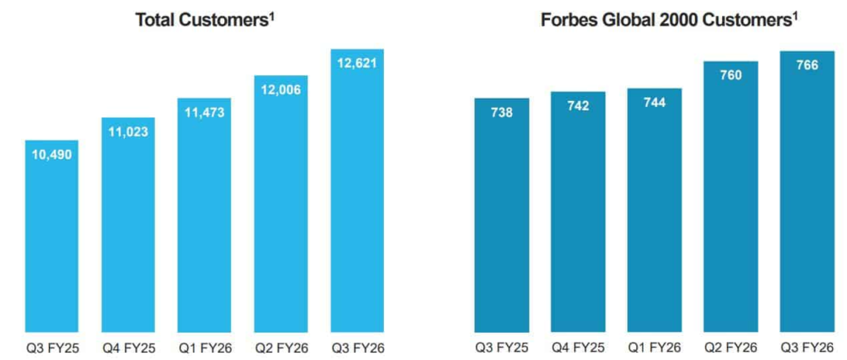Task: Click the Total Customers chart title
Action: click(x=203, y=21)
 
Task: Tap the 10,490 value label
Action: click(x=53, y=154)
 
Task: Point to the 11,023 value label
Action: click(x=129, y=131)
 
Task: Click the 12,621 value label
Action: click(x=357, y=62)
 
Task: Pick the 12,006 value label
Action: click(x=281, y=89)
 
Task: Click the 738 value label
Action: click(x=501, y=112)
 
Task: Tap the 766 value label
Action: click(x=806, y=65)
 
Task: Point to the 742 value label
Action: click(x=578, y=105)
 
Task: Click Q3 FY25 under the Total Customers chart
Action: click(x=53, y=347)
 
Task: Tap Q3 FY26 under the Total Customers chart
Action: click(x=357, y=347)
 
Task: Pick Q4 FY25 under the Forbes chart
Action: click(x=578, y=347)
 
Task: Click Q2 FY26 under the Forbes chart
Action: click(x=730, y=347)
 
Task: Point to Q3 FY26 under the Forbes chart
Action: click(x=806, y=347)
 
